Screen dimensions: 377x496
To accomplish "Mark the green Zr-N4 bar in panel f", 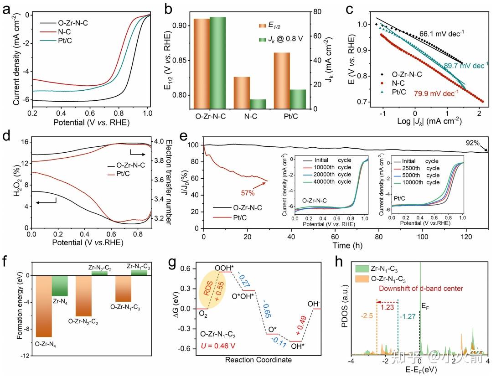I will (60, 286).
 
